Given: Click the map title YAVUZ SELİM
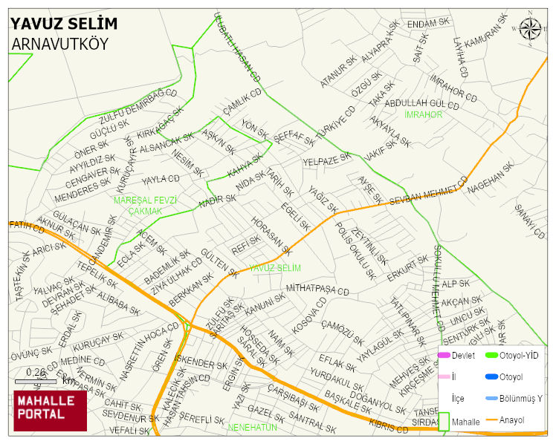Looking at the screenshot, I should pyautogui.click(x=64, y=24).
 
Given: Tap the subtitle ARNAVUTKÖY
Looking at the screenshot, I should pyautogui.click(x=60, y=45).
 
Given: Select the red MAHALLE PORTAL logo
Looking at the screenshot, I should pyautogui.click(x=50, y=410).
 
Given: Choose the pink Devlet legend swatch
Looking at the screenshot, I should pyautogui.click(x=444, y=356).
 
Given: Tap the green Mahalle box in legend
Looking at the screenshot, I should pyautogui.click(x=444, y=421).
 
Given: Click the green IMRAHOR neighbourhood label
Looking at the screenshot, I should pyautogui.click(x=424, y=115).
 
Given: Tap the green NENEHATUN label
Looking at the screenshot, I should pyautogui.click(x=253, y=428).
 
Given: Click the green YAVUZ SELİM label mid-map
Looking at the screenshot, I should pyautogui.click(x=275, y=267).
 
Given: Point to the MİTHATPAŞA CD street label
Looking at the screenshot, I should pyautogui.click(x=317, y=290).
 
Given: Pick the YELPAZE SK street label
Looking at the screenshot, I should pyautogui.click(x=326, y=160).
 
